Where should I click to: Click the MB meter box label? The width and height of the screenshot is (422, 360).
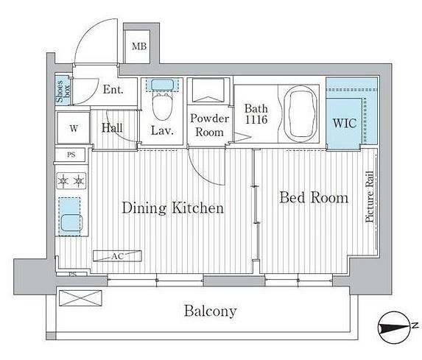pos(139,46)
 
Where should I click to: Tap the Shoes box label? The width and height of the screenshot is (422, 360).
pos(63,91)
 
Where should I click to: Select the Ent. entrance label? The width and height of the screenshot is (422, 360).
pos(113,89)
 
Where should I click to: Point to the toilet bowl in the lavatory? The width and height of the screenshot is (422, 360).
pos(162,107)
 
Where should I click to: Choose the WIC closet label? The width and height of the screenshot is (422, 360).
pos(345,123)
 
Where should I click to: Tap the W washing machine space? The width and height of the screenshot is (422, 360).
pos(74,128)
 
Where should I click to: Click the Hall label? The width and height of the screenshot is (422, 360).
pos(112,127)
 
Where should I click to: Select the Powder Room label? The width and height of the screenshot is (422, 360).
pos(210,125)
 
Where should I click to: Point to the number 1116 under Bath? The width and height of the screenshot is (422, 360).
pos(256,119)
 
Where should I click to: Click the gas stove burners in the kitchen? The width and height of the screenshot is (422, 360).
pos(71,181)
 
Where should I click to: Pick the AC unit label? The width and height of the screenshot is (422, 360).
pos(118,256)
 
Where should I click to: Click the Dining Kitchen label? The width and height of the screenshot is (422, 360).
pos(173,208)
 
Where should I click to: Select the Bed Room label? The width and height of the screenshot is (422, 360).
pos(314,197)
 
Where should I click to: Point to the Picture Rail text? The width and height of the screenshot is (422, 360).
pos(370,197)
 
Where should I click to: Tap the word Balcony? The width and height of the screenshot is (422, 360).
pos(210,311)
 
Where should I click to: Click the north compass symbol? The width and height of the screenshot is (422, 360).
pos(395,327)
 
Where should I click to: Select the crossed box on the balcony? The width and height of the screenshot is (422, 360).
pos(80,298)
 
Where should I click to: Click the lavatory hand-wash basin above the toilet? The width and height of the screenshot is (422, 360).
pos(162,85)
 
